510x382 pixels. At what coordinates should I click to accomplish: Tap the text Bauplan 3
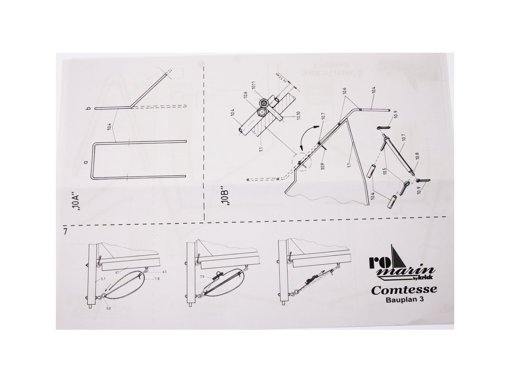pos(405,300)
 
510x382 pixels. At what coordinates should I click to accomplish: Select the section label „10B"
pos(224,195)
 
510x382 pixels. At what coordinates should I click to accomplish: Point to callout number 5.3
pos(109,309)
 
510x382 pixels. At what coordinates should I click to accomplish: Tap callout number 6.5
pos(164,272)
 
